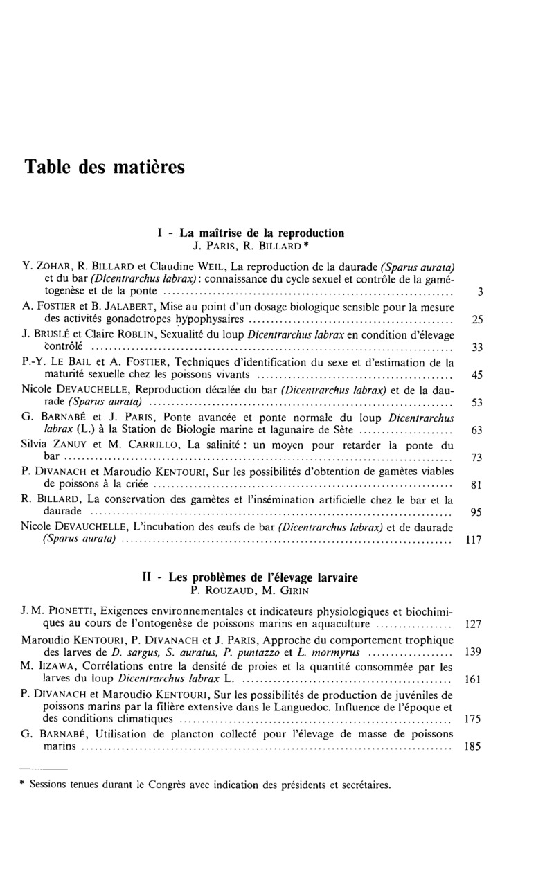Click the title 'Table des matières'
105,168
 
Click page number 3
480,292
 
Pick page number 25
476,320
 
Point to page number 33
476,348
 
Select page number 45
476,375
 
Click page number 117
474,540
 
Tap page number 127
474,624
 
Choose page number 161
474,679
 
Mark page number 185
474,748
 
